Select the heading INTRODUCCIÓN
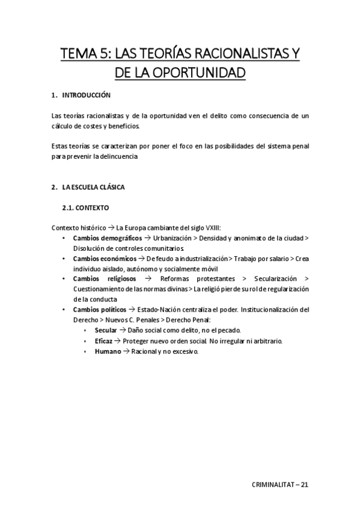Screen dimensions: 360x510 pyautogui.click(x=87, y=95)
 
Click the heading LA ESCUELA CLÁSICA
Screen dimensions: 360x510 pyautogui.click(x=93, y=187)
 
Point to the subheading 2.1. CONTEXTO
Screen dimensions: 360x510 pyautogui.click(x=85, y=207)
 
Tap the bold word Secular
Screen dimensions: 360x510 pyautogui.click(x=106, y=330)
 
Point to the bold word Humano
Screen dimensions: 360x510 pyautogui.click(x=108, y=351)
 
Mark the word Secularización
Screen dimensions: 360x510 pyautogui.click(x=275, y=279)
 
